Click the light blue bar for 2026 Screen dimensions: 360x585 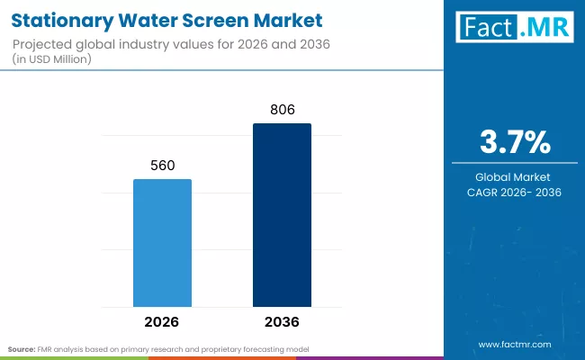pyautogui.click(x=163, y=242)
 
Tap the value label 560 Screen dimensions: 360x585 pyautogui.click(x=163, y=166)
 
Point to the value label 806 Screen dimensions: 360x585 pyautogui.click(x=282, y=110)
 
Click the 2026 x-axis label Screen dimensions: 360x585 pyautogui.click(x=163, y=321)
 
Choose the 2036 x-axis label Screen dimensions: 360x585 pyautogui.click(x=282, y=321)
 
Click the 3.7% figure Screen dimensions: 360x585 pyautogui.click(x=515, y=143)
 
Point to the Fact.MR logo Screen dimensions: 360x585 pyautogui.click(x=515, y=28)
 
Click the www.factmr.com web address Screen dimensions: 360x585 pyautogui.click(x=515, y=345)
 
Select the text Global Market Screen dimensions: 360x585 pyautogui.click(x=515, y=176)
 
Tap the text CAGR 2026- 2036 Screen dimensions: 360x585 pyautogui.click(x=515, y=192)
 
